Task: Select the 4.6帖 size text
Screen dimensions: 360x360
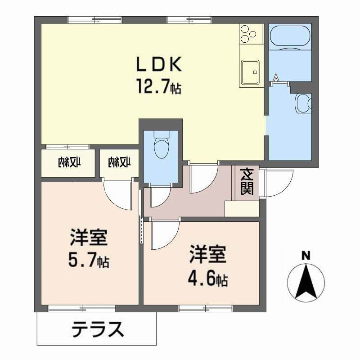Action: [x=207, y=280]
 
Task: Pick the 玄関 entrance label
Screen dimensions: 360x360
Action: [x=246, y=182]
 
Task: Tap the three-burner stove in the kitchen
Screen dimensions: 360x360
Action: [x=251, y=33]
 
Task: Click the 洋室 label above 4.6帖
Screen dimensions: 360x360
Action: [x=207, y=256]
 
